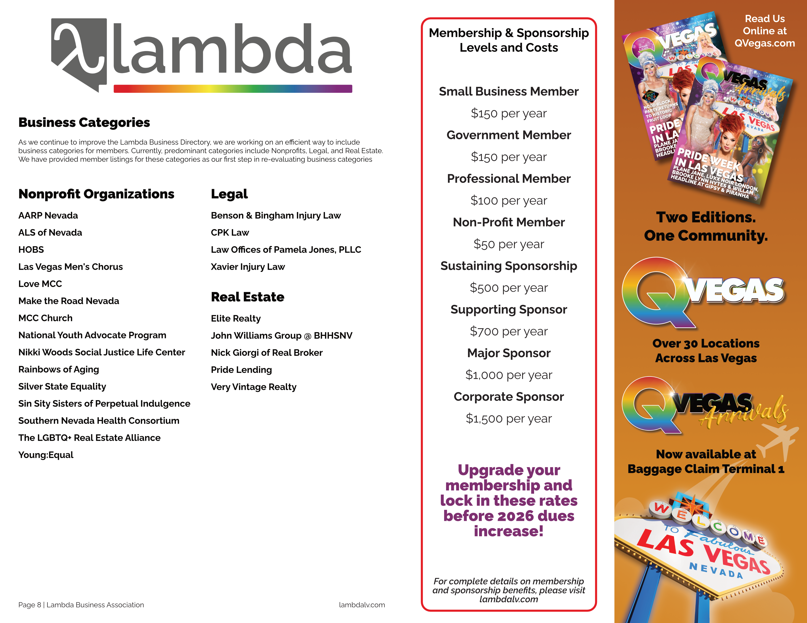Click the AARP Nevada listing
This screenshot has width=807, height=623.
[x=48, y=215]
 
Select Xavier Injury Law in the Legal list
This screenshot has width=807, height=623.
[x=247, y=267]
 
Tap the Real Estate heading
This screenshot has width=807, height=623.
[x=247, y=297]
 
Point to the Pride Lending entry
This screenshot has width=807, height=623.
[x=241, y=370]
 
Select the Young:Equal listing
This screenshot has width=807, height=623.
[x=46, y=455]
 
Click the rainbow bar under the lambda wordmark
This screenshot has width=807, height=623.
[x=233, y=89]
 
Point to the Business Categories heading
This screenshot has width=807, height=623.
[x=84, y=123]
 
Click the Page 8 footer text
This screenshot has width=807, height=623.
[x=81, y=605]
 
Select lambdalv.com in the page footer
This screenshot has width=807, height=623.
[x=362, y=605]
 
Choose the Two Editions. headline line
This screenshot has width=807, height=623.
[x=706, y=217]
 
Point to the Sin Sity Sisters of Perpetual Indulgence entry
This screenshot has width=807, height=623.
[x=104, y=404]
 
